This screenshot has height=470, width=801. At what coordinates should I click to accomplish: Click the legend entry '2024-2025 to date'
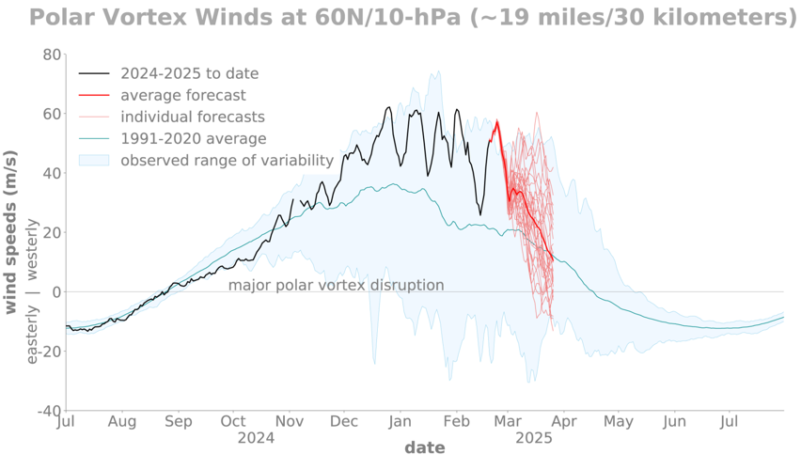(x=189, y=73)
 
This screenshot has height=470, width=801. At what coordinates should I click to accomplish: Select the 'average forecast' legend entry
(x=183, y=95)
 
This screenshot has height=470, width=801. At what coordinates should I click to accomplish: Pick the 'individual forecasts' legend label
(x=193, y=117)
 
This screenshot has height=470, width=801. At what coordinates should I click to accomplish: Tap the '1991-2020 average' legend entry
(x=193, y=138)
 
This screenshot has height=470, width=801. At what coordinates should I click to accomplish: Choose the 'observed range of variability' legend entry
(x=227, y=160)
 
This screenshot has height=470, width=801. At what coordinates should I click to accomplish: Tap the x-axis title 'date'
(x=424, y=448)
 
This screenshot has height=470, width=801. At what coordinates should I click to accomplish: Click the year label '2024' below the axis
(x=256, y=438)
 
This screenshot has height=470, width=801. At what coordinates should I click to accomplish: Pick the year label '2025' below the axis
(x=533, y=438)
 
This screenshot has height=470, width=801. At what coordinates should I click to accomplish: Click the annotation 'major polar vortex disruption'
(x=336, y=285)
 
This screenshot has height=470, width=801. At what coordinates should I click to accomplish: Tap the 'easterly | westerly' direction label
(x=34, y=291)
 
